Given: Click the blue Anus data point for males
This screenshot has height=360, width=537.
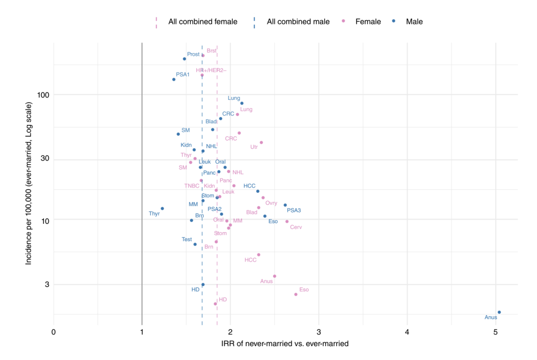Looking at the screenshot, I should pos(499,312).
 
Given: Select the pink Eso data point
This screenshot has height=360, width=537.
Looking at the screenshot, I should pos(296,294).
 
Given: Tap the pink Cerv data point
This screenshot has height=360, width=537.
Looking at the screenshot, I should pos(287,222).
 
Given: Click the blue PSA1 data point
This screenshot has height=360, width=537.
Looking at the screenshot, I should pos(174,80).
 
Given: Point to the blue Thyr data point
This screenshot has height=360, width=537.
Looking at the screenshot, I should pos(162,208).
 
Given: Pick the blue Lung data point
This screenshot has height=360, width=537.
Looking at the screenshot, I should pos(242,103).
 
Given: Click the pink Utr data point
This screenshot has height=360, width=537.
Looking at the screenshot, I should pos(261,143).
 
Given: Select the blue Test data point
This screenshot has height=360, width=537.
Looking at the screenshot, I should pos(195,244).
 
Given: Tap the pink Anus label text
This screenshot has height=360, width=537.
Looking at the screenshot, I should pos(267,281).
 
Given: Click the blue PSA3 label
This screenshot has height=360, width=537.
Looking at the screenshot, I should pos(294,210).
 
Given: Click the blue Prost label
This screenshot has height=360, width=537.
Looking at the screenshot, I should pos(193,54).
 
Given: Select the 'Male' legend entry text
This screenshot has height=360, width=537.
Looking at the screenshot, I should pos(414,22).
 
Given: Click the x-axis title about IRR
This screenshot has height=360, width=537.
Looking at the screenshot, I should pos(284,344).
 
